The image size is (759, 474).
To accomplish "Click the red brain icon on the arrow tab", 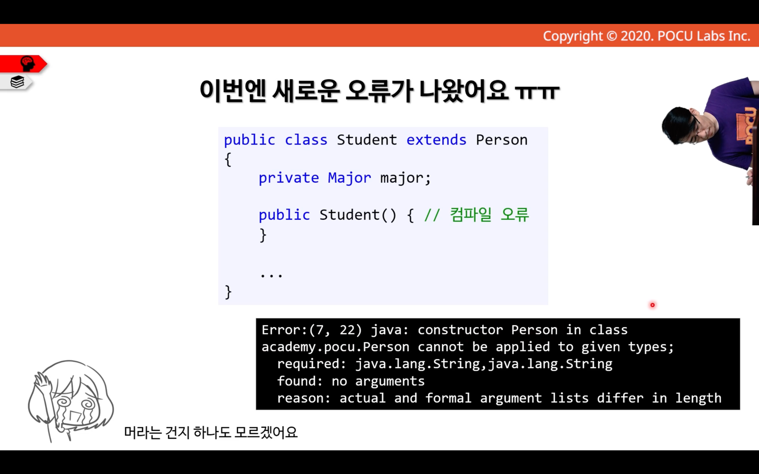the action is coord(28,63).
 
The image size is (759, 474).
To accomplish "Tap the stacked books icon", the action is coord(17,82).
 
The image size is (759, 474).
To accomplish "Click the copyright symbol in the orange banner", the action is coord(611,36).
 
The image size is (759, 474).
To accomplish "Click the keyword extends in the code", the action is coord(436,140).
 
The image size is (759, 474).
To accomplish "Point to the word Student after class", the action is coord(366,140).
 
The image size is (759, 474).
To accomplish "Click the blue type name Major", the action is coord(349,178).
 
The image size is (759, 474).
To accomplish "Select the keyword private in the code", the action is coord(289,178).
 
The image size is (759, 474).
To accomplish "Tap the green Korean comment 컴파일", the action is coord(470,215).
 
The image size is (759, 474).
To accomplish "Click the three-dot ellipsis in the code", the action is coord(271,275).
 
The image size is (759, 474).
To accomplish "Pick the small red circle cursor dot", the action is coord(652,305).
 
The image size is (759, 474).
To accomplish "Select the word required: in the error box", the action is coord(312,364).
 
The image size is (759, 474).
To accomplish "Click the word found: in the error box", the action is coord(300,381).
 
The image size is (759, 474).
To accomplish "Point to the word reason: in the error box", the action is coord(304,398).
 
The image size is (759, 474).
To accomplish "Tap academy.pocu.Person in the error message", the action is coord(335,347).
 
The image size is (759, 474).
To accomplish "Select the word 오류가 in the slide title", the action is coord(379,91).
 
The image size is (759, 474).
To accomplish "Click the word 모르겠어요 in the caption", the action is coord(266,432).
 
